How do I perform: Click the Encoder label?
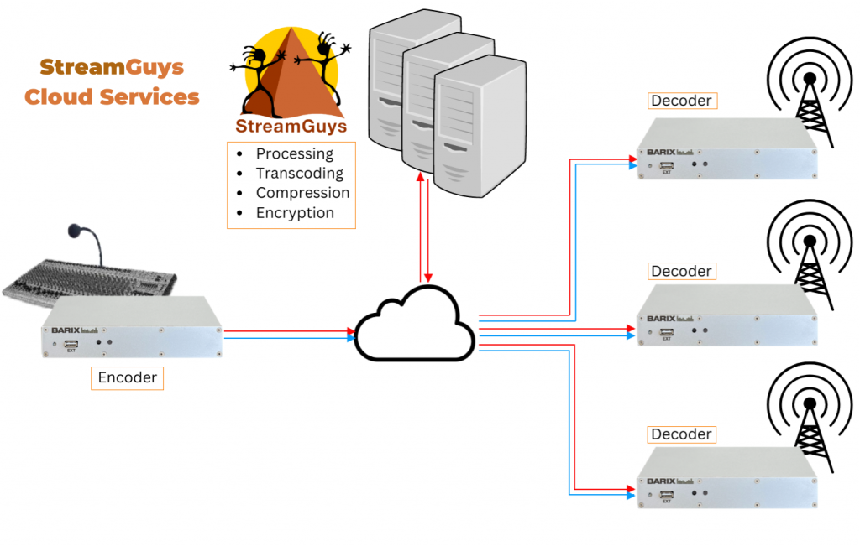coord(128,377)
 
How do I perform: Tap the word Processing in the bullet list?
coord(294,153)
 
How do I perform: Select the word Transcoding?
coord(299,174)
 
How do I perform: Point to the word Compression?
coord(302,193)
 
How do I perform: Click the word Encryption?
coord(295,212)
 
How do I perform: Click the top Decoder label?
coord(681,101)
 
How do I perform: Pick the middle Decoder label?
coord(681,271)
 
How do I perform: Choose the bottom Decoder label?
coord(681,434)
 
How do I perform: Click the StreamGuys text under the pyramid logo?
coord(291,127)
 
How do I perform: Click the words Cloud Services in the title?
coord(112,96)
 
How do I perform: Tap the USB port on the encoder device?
coord(71,345)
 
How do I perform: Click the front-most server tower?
coord(480,126)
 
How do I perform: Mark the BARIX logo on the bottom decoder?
coord(661,481)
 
